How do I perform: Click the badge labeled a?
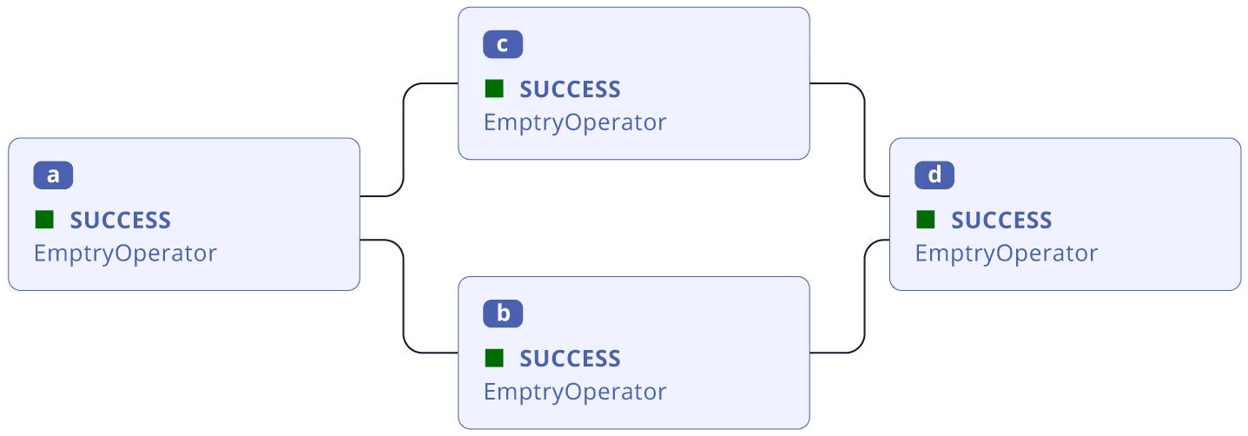(53, 175)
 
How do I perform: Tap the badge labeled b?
(503, 314)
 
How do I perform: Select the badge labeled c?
(503, 44)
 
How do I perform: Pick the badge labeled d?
(934, 175)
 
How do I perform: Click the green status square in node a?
(44, 220)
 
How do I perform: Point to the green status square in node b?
(494, 358)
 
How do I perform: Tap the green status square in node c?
(494, 89)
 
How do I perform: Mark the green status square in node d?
(926, 220)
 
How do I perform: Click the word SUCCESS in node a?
(120, 221)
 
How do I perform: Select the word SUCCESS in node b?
(570, 359)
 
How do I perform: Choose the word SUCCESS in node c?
(570, 89)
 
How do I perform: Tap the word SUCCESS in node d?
(1001, 221)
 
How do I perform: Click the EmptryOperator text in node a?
(125, 254)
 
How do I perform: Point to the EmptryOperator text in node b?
(575, 392)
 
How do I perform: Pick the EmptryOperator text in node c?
(575, 122)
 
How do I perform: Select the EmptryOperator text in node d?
(1007, 254)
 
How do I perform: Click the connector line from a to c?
(404, 139)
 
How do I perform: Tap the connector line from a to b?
(404, 295)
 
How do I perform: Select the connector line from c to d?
(865, 139)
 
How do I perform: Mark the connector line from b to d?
(865, 295)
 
